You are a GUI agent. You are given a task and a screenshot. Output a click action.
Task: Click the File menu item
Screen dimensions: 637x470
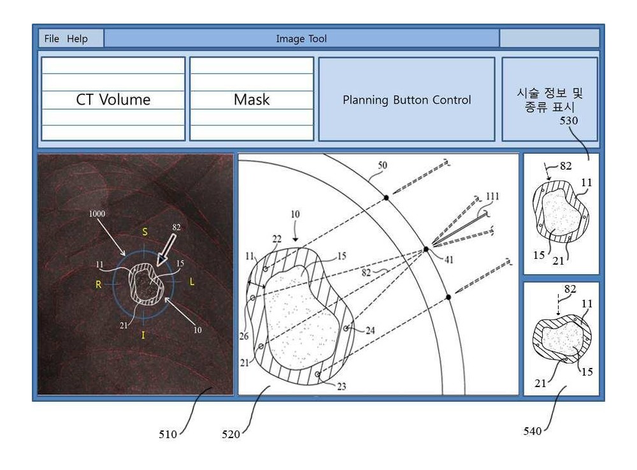tap(52, 39)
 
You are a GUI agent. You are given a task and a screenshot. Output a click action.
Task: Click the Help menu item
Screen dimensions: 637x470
tap(77, 39)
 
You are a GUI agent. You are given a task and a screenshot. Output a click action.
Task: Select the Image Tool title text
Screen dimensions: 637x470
tap(301, 39)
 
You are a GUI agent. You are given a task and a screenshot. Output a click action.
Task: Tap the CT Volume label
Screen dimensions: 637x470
tap(113, 99)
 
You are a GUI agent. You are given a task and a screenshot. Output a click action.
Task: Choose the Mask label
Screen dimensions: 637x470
tap(252, 99)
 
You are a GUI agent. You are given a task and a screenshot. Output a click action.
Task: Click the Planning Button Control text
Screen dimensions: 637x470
tap(406, 100)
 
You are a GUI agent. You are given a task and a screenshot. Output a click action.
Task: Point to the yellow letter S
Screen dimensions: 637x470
tap(145, 232)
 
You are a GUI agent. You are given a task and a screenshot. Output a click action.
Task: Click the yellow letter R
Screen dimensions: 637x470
tap(98, 284)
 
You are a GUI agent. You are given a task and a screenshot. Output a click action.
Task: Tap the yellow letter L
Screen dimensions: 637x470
tap(192, 281)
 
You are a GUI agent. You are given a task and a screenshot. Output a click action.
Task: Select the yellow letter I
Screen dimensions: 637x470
tap(143, 335)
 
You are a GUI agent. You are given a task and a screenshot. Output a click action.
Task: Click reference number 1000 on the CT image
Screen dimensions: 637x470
tap(97, 214)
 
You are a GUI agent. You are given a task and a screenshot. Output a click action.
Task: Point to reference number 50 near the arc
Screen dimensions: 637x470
tap(382, 165)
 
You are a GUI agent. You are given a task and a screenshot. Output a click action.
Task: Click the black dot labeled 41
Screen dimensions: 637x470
tap(426, 249)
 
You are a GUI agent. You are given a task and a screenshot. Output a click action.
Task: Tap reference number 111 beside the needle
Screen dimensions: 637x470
tap(492, 197)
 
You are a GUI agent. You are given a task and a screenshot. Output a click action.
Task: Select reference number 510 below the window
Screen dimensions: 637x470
tap(168, 434)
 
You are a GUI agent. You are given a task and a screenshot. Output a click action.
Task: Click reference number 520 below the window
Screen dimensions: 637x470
tap(231, 434)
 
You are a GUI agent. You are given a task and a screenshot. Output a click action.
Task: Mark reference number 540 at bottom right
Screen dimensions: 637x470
tap(532, 431)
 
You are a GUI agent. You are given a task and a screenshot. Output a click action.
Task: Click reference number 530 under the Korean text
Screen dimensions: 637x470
tap(569, 121)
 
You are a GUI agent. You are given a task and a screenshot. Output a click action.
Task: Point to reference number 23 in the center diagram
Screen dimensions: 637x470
tap(341, 386)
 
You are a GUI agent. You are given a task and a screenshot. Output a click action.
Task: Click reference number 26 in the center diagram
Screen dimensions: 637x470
tap(244, 336)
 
